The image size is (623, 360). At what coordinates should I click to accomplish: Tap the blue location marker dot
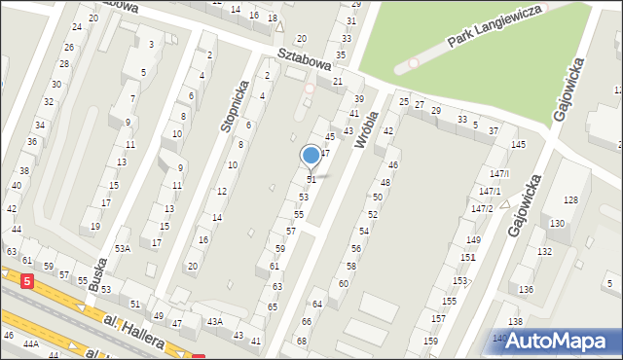(311, 155)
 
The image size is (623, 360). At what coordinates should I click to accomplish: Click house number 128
(570, 199)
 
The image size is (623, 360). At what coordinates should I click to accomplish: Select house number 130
(557, 224)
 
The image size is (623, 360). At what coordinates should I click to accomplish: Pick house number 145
(519, 144)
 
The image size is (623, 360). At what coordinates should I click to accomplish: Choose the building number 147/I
(500, 173)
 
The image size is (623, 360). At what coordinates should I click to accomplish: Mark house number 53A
(122, 248)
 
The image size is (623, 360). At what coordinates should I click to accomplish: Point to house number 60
(344, 283)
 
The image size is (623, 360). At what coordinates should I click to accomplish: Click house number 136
(527, 290)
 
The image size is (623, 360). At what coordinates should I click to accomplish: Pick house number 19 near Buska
(95, 226)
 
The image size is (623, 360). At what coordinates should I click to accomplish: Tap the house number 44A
(31, 344)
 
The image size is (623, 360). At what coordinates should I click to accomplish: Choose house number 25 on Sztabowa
(404, 101)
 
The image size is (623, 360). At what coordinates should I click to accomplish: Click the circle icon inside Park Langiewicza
(413, 63)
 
